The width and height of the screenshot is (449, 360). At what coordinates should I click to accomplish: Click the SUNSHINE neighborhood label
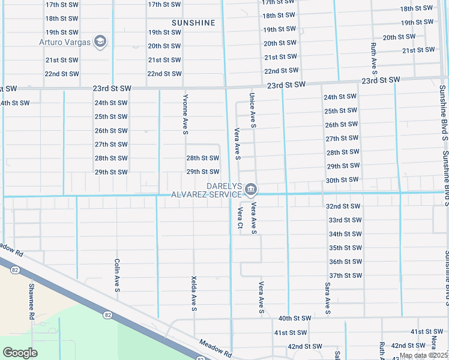click(193, 23)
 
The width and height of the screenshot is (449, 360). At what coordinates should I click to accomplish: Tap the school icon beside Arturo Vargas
click(101, 41)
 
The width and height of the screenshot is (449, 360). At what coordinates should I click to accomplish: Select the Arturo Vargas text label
click(65, 42)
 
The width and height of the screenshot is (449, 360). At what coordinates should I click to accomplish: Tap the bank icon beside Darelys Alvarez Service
click(251, 191)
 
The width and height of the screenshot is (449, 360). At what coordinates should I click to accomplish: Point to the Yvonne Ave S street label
click(185, 114)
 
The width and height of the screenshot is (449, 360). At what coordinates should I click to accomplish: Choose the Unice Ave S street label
click(253, 110)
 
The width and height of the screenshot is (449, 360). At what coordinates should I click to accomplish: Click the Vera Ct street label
click(240, 218)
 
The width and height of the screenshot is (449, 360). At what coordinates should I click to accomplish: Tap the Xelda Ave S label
click(194, 293)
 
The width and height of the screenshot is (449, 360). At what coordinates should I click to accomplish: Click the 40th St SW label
click(295, 318)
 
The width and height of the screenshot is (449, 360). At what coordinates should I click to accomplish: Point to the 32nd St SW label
click(343, 206)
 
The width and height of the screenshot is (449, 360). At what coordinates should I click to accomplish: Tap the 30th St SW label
click(342, 180)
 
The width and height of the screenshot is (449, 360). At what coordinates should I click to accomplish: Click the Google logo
click(20, 353)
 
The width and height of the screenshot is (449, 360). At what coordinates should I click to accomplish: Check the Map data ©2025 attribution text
click(424, 355)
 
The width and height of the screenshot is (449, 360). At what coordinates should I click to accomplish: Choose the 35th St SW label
click(345, 248)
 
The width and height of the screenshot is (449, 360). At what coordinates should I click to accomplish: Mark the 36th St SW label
click(345, 262)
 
